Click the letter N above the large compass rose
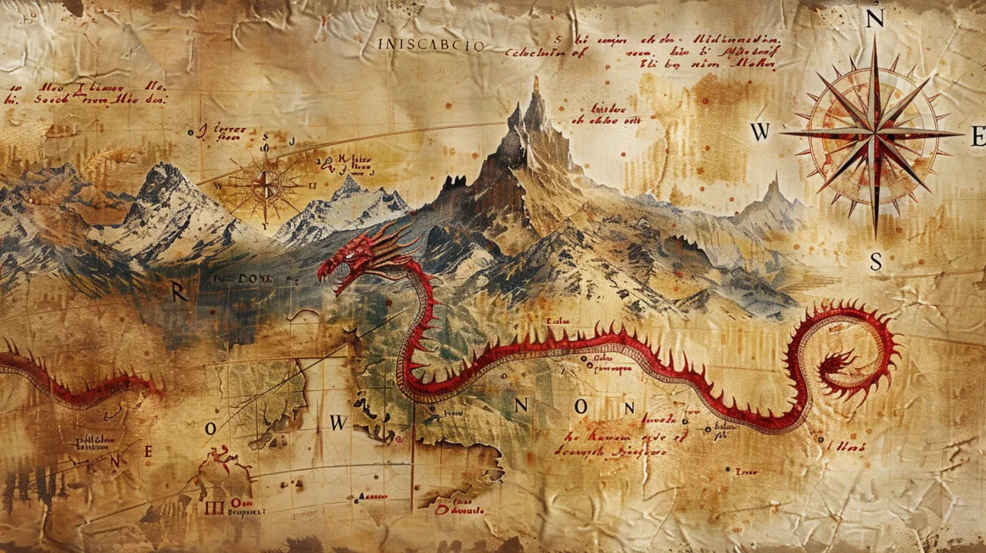874,20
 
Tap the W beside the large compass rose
760,133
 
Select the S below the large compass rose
876,262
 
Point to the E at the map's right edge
978,137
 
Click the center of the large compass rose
874,134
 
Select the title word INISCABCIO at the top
431,46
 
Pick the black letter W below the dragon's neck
339,423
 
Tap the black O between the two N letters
580,406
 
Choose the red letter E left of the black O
149,453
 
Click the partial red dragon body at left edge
69,382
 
